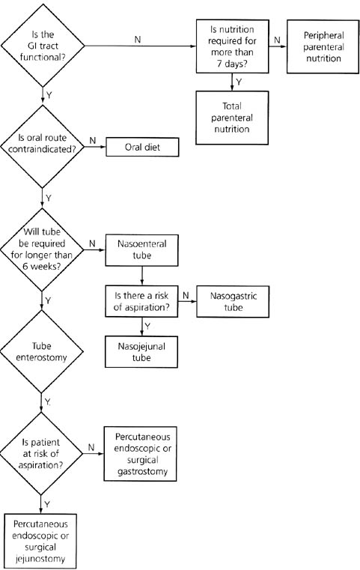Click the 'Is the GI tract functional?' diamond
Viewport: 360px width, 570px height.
point(43,46)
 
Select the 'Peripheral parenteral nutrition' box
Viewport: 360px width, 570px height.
point(323,46)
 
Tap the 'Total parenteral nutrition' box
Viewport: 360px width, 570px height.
point(232,118)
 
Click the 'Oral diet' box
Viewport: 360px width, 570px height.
point(142,148)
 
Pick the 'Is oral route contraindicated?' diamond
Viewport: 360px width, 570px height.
point(43,147)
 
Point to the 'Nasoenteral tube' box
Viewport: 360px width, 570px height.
point(141,250)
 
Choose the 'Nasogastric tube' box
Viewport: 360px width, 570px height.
point(233,301)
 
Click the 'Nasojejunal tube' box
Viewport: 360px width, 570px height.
point(141,352)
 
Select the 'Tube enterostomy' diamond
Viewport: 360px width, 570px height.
point(41,351)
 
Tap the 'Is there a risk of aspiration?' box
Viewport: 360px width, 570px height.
point(141,301)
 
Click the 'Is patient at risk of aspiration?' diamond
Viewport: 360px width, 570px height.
point(41,454)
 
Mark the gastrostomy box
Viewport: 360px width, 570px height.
point(141,454)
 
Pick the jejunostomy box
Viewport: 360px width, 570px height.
point(40,541)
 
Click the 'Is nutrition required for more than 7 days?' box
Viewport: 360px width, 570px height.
point(233,46)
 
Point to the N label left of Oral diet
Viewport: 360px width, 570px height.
point(93,140)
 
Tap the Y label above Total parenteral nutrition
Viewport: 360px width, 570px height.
point(239,82)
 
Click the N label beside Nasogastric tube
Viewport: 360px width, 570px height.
point(186,296)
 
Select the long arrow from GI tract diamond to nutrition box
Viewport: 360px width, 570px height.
point(141,46)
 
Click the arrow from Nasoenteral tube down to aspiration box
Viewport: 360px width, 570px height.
point(141,276)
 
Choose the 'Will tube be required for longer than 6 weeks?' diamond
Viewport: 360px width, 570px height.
point(42,249)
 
